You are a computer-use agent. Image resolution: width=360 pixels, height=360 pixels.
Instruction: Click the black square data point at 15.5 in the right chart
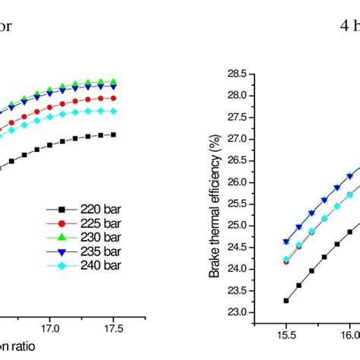click(286, 301)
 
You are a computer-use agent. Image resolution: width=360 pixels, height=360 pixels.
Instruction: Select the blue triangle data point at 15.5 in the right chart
click(286, 242)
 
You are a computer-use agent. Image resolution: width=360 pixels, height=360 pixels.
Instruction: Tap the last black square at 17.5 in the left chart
click(113, 134)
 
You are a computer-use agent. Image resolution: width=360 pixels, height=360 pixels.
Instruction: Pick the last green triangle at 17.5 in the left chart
click(113, 81)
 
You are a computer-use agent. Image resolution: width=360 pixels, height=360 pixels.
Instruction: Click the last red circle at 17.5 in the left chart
click(113, 98)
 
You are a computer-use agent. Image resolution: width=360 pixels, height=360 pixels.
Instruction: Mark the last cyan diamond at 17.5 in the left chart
click(113, 111)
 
